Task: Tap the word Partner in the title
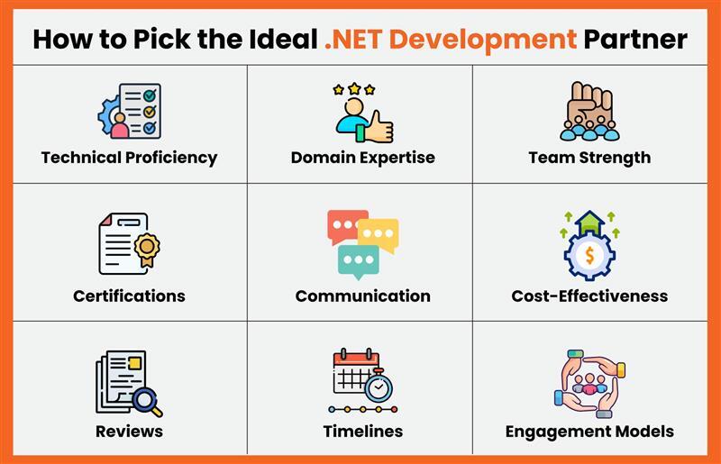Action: tap(635, 39)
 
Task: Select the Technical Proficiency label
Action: tap(129, 158)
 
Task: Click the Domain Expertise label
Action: tap(362, 158)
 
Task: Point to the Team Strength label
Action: tap(589, 158)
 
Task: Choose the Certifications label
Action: tap(129, 296)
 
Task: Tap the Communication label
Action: tap(362, 296)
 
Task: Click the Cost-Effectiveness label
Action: tap(589, 296)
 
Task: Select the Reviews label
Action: tap(129, 431)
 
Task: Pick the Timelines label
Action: tap(362, 431)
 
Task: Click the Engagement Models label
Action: tap(589, 431)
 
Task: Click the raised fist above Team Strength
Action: tap(590, 104)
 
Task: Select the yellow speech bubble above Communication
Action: tap(379, 234)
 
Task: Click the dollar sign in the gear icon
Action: tap(589, 256)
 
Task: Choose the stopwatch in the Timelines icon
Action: tap(379, 387)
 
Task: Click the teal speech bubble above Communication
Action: tap(357, 260)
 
